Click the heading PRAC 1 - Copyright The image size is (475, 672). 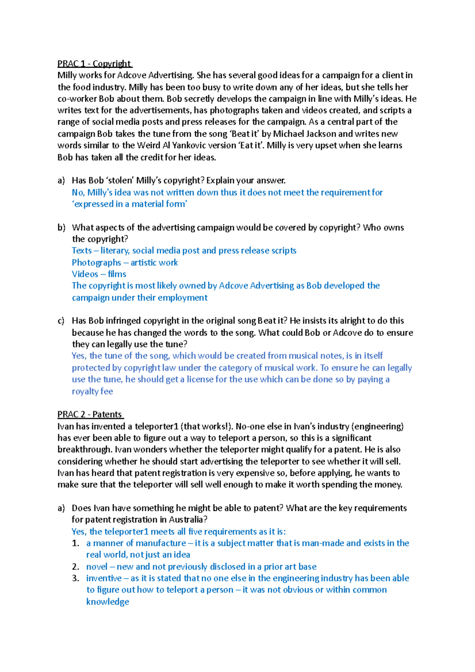pos(94,64)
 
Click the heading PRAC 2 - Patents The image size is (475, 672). pos(90,414)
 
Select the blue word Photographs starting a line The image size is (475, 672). pos(96,262)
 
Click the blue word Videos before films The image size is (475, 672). pos(85,274)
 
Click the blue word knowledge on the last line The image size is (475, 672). pos(108,602)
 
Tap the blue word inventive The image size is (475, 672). pos(104,578)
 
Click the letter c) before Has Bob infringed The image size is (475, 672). pos(61,321)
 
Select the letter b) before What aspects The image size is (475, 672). pos(61,228)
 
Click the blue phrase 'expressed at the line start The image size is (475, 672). pos(93,204)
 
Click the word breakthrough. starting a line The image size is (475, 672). pos(85,450)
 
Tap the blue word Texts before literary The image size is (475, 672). pos(82,251)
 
